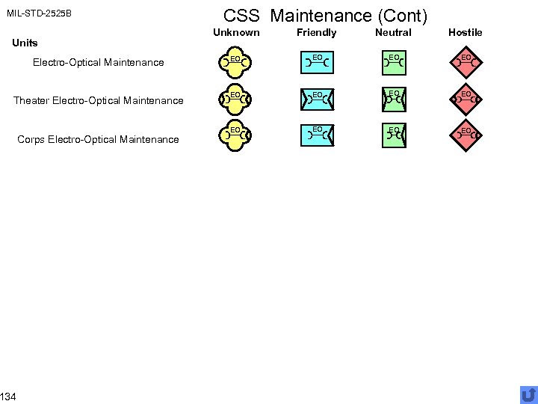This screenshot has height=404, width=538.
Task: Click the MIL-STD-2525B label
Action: point(39,13)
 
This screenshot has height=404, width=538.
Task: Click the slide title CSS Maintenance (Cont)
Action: point(325,15)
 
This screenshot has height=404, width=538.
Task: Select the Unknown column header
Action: point(236,32)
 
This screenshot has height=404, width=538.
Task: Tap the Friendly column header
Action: point(317,32)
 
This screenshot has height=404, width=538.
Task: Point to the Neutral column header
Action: point(393,32)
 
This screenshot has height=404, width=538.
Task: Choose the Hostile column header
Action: point(466,32)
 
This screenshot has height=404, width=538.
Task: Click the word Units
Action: point(25,43)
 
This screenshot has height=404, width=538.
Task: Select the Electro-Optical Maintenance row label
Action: point(98,62)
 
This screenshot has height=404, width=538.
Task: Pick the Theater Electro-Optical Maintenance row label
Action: point(99,100)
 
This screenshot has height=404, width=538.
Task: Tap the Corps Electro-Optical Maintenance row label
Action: point(99,139)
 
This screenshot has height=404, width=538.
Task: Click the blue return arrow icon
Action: point(528,394)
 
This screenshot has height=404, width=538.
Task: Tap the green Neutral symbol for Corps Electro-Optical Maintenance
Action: point(393,135)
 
